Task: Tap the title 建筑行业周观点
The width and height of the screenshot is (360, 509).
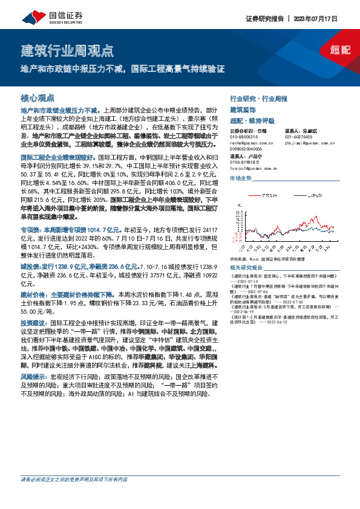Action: click(67, 50)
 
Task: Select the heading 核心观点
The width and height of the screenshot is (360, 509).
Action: click(38, 97)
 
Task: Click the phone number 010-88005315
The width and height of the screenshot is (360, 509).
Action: click(244, 137)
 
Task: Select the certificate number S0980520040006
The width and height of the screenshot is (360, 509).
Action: click(248, 149)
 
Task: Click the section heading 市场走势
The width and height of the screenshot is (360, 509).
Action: click(241, 179)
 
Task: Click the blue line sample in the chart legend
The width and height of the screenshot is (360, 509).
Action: click(303, 196)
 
